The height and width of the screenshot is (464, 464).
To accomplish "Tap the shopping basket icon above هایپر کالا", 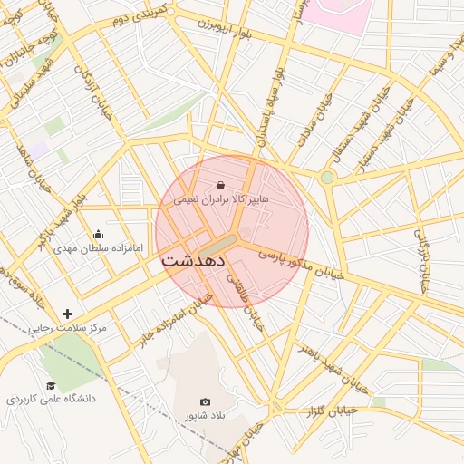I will [x=209, y=185].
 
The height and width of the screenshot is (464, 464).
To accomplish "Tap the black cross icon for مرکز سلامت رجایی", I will [x=67, y=314].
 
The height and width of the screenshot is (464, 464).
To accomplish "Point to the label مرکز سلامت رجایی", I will [x=67, y=327].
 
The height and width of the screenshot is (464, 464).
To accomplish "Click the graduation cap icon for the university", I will [x=51, y=386].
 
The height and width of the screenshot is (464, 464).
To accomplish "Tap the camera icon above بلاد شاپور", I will [x=205, y=401].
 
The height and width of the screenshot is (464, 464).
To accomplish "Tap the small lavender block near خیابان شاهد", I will [x=37, y=148].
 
